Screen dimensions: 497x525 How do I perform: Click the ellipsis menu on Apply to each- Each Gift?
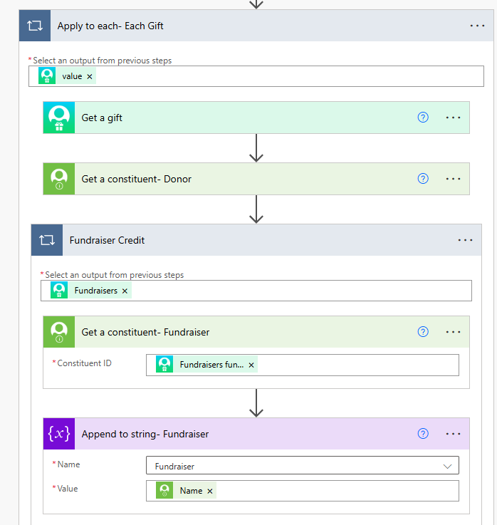477,26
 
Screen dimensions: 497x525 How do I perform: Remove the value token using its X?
89,77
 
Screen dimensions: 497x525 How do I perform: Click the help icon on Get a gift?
423,118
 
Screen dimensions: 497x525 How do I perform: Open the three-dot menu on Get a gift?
453,118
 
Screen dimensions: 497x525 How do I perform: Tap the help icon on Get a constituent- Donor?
423,179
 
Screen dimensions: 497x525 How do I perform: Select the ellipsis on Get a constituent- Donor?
453,179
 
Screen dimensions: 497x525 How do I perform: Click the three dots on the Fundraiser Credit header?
465,240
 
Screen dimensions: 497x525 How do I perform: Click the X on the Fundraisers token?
125,291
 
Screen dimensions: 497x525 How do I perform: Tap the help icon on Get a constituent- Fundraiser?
423,332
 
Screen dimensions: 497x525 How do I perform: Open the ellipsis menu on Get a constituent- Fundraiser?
453,332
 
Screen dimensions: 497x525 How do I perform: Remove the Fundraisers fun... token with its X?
251,365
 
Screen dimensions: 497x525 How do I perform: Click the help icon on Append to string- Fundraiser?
423,434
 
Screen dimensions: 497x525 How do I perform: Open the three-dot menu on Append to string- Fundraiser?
453,434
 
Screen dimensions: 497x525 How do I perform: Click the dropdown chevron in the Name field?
447,466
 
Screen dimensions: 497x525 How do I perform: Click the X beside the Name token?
210,492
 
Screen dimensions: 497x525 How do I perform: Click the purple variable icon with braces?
59,434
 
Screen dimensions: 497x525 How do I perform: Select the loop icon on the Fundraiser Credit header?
47,240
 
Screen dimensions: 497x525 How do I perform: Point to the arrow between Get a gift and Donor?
256,148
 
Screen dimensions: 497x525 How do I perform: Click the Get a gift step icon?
59,118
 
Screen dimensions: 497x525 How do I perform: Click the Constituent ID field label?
84,363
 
